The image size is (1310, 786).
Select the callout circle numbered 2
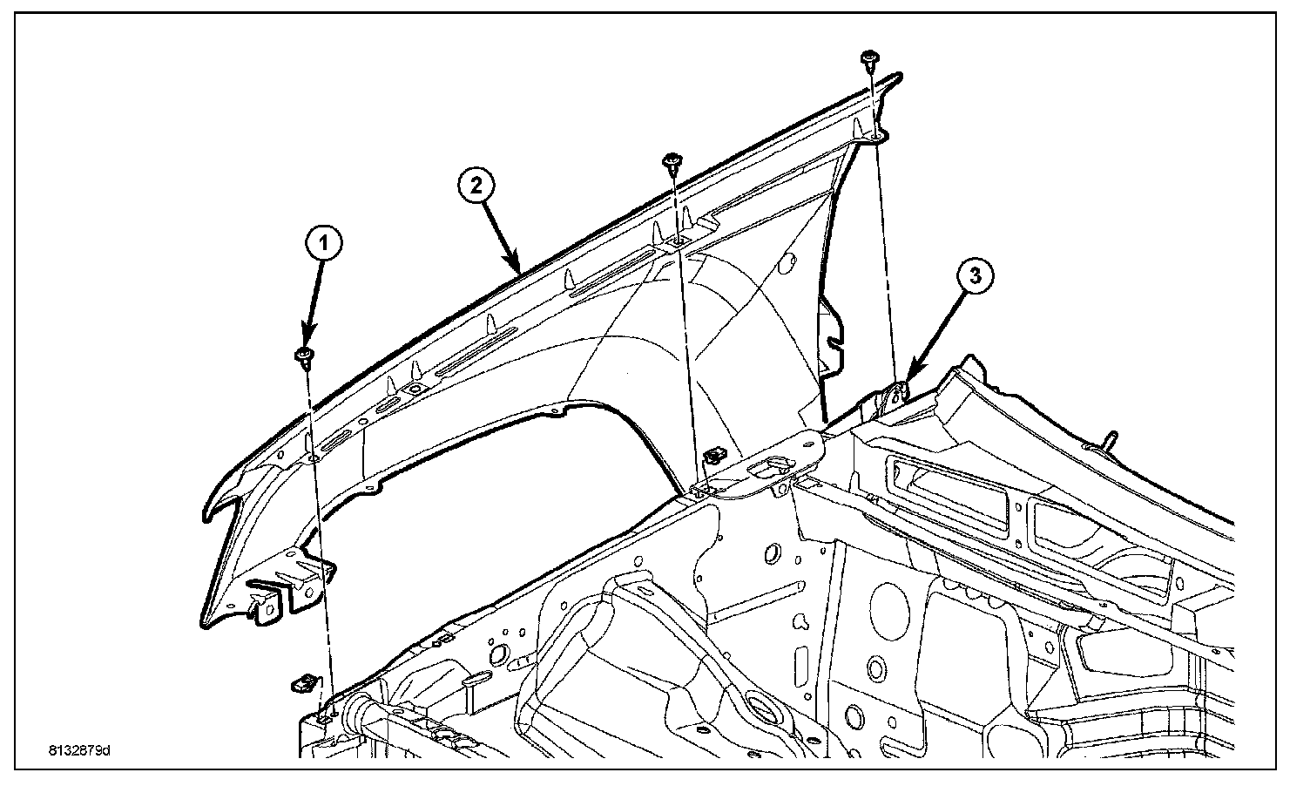(476, 185)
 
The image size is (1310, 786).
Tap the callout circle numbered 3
(975, 276)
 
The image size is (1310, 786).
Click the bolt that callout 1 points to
(305, 355)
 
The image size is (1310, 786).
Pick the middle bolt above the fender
(672, 161)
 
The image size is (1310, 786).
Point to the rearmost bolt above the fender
(868, 58)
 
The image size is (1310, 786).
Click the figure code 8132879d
(79, 749)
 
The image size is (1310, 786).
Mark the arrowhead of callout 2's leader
(520, 271)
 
